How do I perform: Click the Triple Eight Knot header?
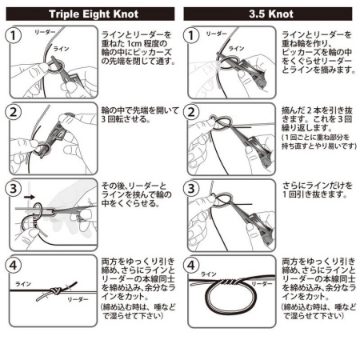(90, 14)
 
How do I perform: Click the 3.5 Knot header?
(270, 14)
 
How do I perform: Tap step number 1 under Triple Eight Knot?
(15, 37)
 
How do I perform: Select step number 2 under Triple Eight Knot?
(15, 113)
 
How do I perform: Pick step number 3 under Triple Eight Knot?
(15, 189)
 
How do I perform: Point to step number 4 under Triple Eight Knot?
(15, 265)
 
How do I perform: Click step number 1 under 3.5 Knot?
(192, 37)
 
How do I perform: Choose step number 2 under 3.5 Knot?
(192, 113)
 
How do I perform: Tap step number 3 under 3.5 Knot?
(192, 189)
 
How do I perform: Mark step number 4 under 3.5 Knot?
(192, 265)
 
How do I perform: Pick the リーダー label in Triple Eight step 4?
(78, 298)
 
